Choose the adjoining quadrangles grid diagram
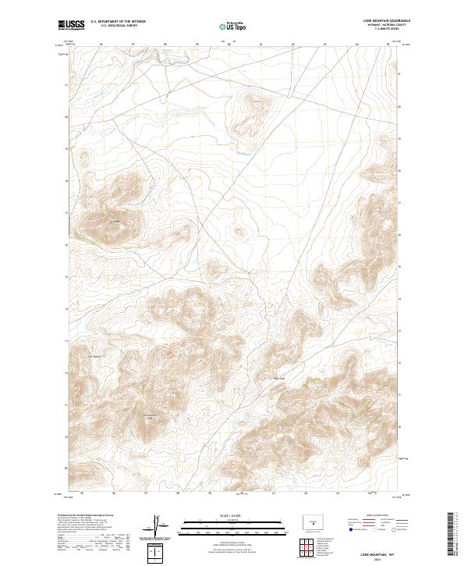click(x=314, y=544)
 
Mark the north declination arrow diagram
click(x=156, y=525)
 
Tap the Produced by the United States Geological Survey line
click(x=82, y=514)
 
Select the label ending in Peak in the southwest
click(x=150, y=416)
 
